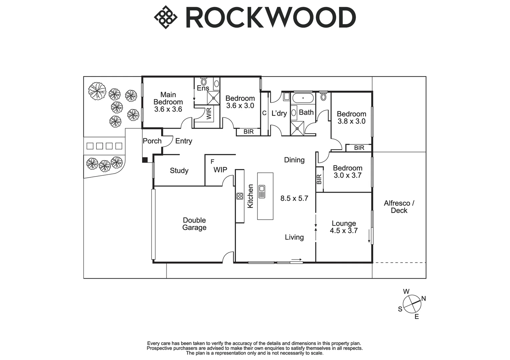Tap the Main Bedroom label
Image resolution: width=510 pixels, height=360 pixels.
coord(168,102)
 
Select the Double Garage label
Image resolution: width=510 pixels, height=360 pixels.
coord(194,224)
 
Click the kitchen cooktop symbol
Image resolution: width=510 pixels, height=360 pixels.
coord(239,196)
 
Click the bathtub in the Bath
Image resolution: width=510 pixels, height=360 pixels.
coord(303,98)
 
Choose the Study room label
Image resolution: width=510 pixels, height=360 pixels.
coord(179,171)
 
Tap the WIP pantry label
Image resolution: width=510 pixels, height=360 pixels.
coord(220,170)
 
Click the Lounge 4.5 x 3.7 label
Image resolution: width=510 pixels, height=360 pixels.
coord(344,227)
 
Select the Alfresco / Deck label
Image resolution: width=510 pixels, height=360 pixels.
coord(399,207)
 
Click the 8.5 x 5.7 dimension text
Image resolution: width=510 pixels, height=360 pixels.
coord(294,198)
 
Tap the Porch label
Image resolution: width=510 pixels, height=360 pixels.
coord(152,141)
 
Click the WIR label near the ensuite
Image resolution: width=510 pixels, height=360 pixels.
coord(209,113)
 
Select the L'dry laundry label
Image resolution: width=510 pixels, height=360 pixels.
coord(279,113)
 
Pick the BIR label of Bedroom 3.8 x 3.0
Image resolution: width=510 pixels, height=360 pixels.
coord(359,148)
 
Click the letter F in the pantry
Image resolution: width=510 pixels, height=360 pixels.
coord(212,162)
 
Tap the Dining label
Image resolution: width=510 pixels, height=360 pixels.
coord(294,160)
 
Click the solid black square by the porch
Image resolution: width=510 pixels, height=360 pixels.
coord(145,160)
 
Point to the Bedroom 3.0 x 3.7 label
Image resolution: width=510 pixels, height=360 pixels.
coord(348,172)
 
